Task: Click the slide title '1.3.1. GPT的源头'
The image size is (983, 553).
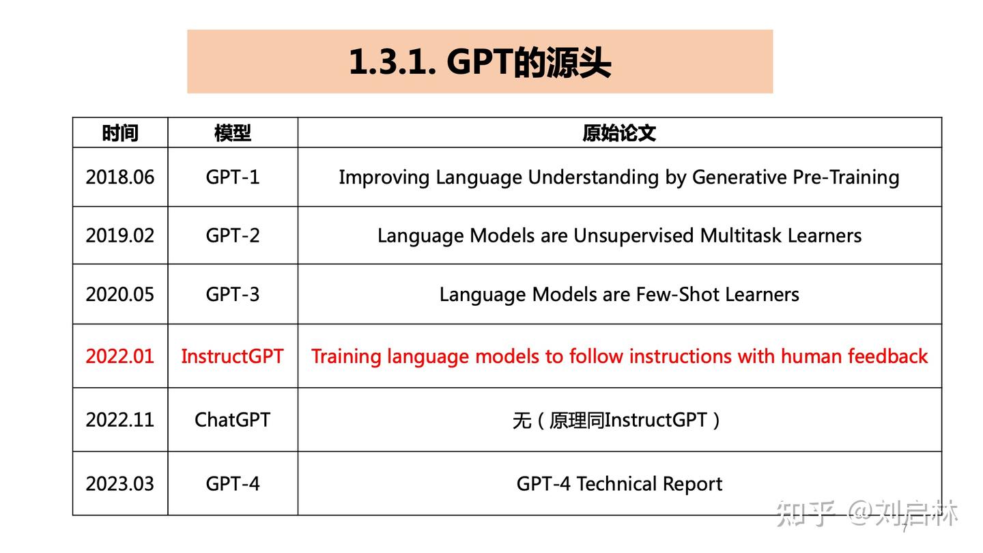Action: [479, 62]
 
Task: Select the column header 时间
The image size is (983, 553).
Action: [120, 133]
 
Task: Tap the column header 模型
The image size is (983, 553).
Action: [233, 133]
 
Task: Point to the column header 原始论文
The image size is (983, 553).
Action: [619, 133]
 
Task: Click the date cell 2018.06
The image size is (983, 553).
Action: [120, 178]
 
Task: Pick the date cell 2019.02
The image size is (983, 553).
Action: [120, 236]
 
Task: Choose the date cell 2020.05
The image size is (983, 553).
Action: [120, 294]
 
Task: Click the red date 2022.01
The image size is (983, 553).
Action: [120, 356]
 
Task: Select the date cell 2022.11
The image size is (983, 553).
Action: [120, 419]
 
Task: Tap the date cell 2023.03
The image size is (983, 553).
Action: [120, 484]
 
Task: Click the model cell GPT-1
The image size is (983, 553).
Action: [233, 178]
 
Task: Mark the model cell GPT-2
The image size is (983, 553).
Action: [233, 236]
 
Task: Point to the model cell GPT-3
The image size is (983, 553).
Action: [233, 294]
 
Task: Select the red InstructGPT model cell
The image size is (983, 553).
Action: [232, 356]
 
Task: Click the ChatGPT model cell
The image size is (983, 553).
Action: [232, 419]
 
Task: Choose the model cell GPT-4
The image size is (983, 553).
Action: [233, 484]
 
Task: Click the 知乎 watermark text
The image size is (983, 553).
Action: [806, 513]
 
